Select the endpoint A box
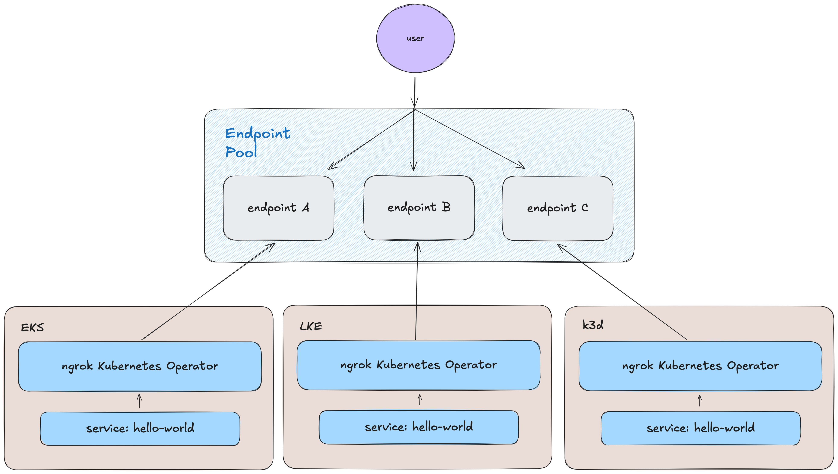278,208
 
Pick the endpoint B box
419,207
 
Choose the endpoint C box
558,208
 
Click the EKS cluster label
32,327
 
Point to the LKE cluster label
311,326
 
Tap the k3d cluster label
593,325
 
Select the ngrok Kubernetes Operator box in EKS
140,366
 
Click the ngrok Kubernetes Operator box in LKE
419,365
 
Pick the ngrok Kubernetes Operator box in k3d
700,366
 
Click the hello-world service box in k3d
700,428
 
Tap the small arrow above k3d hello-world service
700,401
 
